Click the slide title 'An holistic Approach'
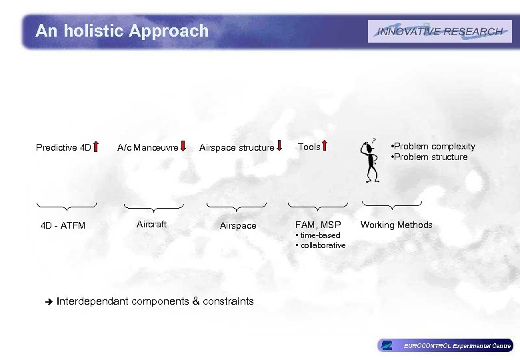point(122,31)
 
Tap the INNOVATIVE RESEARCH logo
point(440,31)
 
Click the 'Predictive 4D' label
point(63,147)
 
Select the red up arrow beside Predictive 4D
point(97,147)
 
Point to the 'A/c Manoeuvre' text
point(147,147)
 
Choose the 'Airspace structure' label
point(237,147)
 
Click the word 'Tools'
point(309,147)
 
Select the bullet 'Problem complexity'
point(433,146)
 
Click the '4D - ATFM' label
point(63,225)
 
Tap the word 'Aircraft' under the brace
point(151,224)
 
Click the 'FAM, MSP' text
point(318,225)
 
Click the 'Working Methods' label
point(397,225)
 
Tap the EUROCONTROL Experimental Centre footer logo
point(445,345)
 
